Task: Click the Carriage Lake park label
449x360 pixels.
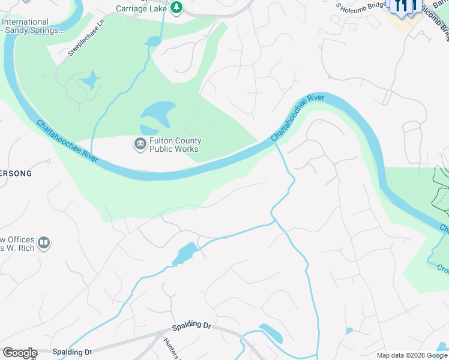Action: tap(142, 9)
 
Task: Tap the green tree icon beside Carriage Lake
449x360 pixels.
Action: tap(176, 8)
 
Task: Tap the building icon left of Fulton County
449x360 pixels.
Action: tap(140, 144)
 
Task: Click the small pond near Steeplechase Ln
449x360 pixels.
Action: tap(90, 80)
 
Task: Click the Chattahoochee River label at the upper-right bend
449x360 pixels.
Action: tap(298, 117)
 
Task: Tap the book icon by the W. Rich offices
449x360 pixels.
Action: tap(43, 243)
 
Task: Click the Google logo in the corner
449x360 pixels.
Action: tap(19, 353)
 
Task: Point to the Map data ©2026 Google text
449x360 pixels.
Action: tap(412, 355)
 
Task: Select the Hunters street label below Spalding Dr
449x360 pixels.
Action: tap(171, 349)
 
